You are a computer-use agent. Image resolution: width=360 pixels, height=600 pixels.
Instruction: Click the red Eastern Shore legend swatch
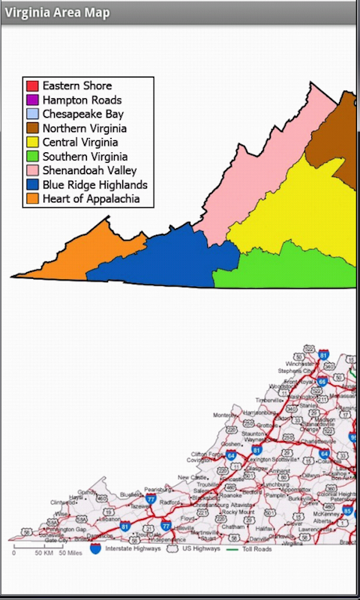click(32, 85)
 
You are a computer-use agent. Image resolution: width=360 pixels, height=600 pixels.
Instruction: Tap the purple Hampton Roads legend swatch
click(32, 100)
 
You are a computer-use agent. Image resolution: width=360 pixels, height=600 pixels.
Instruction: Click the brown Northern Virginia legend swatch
click(32, 128)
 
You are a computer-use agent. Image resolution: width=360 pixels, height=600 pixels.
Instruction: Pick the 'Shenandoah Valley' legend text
click(90, 171)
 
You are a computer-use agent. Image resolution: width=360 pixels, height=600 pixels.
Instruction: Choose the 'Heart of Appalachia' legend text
click(91, 199)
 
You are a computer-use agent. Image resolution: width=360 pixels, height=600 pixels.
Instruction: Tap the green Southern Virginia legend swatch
click(32, 157)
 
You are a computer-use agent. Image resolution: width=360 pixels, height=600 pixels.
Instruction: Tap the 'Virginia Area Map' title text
click(57, 13)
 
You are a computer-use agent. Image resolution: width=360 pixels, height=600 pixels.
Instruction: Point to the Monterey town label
click(225, 415)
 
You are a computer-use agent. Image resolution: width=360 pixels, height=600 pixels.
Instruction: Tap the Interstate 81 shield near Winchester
click(323, 354)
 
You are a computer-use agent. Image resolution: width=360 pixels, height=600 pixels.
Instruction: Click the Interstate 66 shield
click(322, 381)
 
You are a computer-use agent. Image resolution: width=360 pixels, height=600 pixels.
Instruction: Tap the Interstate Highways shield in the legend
click(96, 549)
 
